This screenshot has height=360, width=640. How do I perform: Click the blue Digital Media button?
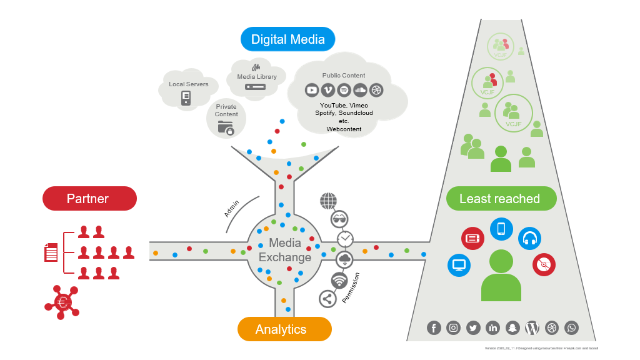[x=287, y=39]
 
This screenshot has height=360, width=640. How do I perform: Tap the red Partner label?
[x=89, y=199]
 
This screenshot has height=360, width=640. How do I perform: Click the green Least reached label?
[x=501, y=199]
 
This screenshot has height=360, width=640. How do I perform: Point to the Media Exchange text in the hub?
[x=285, y=250]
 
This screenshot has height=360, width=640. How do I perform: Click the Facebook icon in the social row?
[x=434, y=327]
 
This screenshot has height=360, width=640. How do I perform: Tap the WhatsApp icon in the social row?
[x=571, y=327]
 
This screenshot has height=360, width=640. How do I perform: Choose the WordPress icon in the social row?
[x=532, y=327]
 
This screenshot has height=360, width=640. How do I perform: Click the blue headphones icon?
[x=529, y=238]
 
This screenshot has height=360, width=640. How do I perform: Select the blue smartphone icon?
[x=501, y=229]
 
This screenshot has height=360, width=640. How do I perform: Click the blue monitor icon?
[x=459, y=265]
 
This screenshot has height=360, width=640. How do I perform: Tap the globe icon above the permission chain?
[x=328, y=201]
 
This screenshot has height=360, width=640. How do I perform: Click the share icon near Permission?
[x=327, y=299]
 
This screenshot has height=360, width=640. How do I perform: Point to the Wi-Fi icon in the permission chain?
[x=339, y=280]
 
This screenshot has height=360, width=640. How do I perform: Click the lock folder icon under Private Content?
[x=226, y=128]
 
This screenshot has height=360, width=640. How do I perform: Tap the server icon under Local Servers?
[x=186, y=97]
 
